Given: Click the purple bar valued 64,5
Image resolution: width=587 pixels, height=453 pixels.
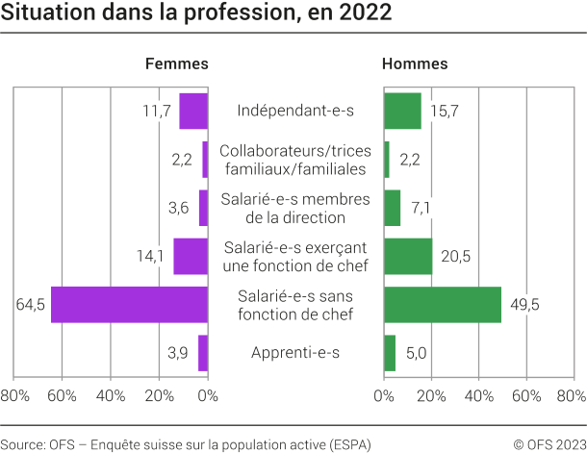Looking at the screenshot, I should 129,304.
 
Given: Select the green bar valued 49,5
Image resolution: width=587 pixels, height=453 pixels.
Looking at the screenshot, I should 443,304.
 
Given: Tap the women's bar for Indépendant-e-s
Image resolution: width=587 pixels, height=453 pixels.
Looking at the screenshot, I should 193,111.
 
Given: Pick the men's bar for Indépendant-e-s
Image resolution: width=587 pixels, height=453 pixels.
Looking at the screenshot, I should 402,111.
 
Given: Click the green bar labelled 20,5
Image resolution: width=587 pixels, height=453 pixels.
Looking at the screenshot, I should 408,256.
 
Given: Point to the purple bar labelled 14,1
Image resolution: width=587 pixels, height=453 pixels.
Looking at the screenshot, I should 191,256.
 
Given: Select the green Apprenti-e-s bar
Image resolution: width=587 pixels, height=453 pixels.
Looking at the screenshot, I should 390,353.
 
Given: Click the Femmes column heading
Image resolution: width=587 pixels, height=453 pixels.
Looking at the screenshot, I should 176,63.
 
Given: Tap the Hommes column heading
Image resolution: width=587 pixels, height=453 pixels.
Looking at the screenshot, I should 415,63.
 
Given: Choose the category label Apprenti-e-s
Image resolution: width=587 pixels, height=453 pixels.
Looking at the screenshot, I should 295,353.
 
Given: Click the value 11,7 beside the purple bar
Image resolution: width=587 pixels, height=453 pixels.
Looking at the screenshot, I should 157,111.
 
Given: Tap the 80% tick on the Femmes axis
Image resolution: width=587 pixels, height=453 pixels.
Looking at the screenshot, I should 14,395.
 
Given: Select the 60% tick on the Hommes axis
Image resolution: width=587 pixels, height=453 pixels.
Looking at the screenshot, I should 526,395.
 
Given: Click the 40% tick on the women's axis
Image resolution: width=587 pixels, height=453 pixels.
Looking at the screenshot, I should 111,395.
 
